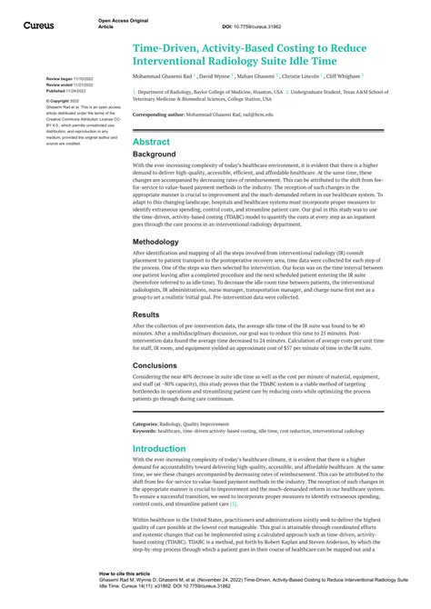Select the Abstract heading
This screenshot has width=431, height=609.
tap(151, 142)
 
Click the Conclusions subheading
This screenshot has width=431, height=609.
tap(157, 365)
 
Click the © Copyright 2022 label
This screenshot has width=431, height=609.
tap(64, 101)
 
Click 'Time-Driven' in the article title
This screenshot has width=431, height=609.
tap(170, 43)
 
